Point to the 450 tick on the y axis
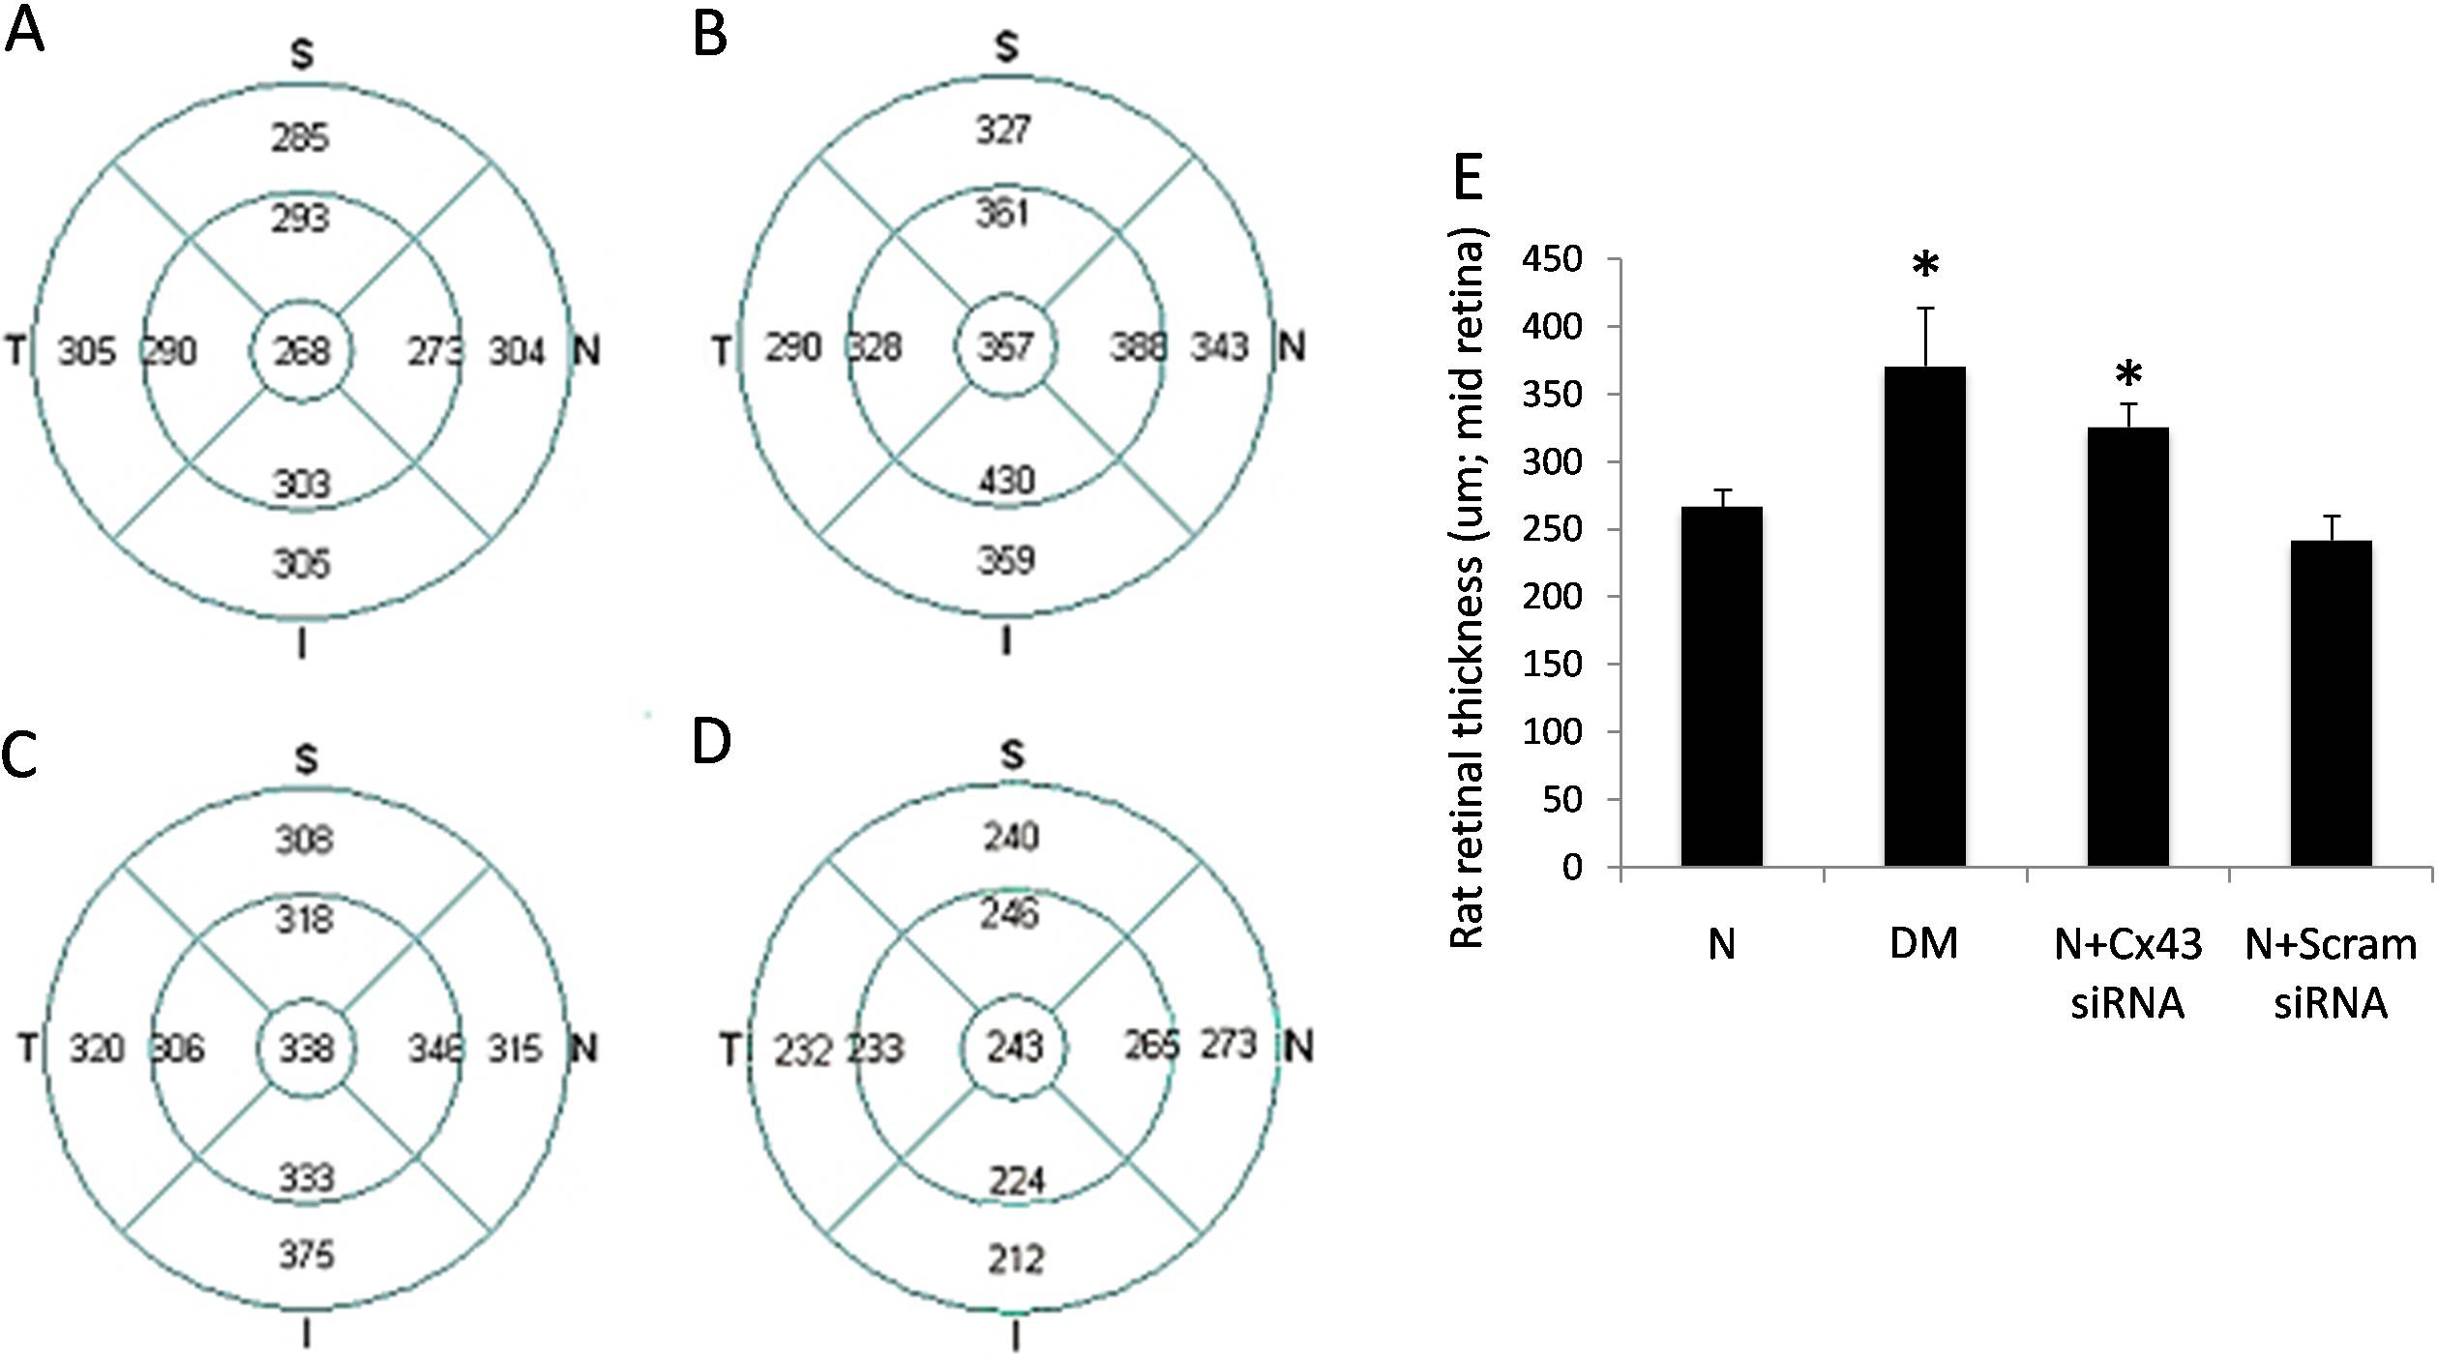click(x=1552, y=260)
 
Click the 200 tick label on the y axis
click(x=1552, y=597)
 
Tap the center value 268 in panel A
click(x=302, y=351)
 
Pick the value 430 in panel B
click(x=1006, y=481)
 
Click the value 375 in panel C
click(x=307, y=1256)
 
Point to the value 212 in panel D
click(x=1016, y=1259)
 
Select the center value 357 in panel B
click(x=1006, y=346)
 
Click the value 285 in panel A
click(x=301, y=138)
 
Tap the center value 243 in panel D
click(x=1015, y=1047)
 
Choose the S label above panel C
click(x=306, y=760)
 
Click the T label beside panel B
click(x=722, y=350)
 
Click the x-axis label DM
click(x=1923, y=944)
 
